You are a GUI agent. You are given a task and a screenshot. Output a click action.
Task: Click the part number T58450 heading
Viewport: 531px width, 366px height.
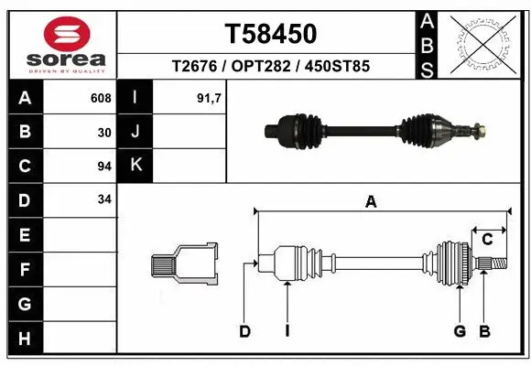click(271, 34)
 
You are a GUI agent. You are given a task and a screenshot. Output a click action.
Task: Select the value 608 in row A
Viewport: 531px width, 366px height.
click(101, 98)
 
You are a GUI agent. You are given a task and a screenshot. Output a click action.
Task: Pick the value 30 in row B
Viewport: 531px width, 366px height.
click(104, 132)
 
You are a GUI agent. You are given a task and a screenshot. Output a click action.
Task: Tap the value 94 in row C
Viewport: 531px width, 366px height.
click(104, 167)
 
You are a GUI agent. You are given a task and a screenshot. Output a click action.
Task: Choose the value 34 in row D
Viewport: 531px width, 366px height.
click(104, 199)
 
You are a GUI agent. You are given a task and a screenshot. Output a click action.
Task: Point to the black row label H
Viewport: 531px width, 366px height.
click(25, 339)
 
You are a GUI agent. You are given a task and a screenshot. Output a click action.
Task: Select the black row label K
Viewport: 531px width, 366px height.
click(135, 166)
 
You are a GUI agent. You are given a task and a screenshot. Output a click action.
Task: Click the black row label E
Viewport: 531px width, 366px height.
click(25, 234)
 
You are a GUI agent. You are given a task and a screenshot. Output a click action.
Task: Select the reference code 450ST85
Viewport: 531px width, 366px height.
click(340, 67)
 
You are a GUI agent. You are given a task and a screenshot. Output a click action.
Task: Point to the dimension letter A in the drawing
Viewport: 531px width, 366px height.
click(371, 203)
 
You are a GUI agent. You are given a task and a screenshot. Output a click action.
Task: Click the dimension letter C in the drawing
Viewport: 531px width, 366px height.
click(488, 240)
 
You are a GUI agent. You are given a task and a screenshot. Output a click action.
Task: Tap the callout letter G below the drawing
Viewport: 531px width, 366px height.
click(460, 331)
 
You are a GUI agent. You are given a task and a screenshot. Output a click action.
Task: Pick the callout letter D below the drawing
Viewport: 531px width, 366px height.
click(244, 331)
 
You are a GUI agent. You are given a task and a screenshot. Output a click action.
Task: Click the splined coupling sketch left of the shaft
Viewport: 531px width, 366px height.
click(184, 265)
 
